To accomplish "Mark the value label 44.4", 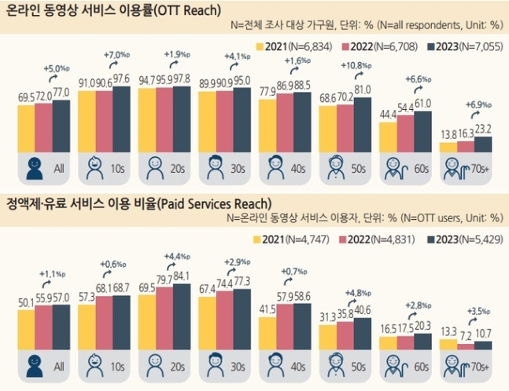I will (388, 115).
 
